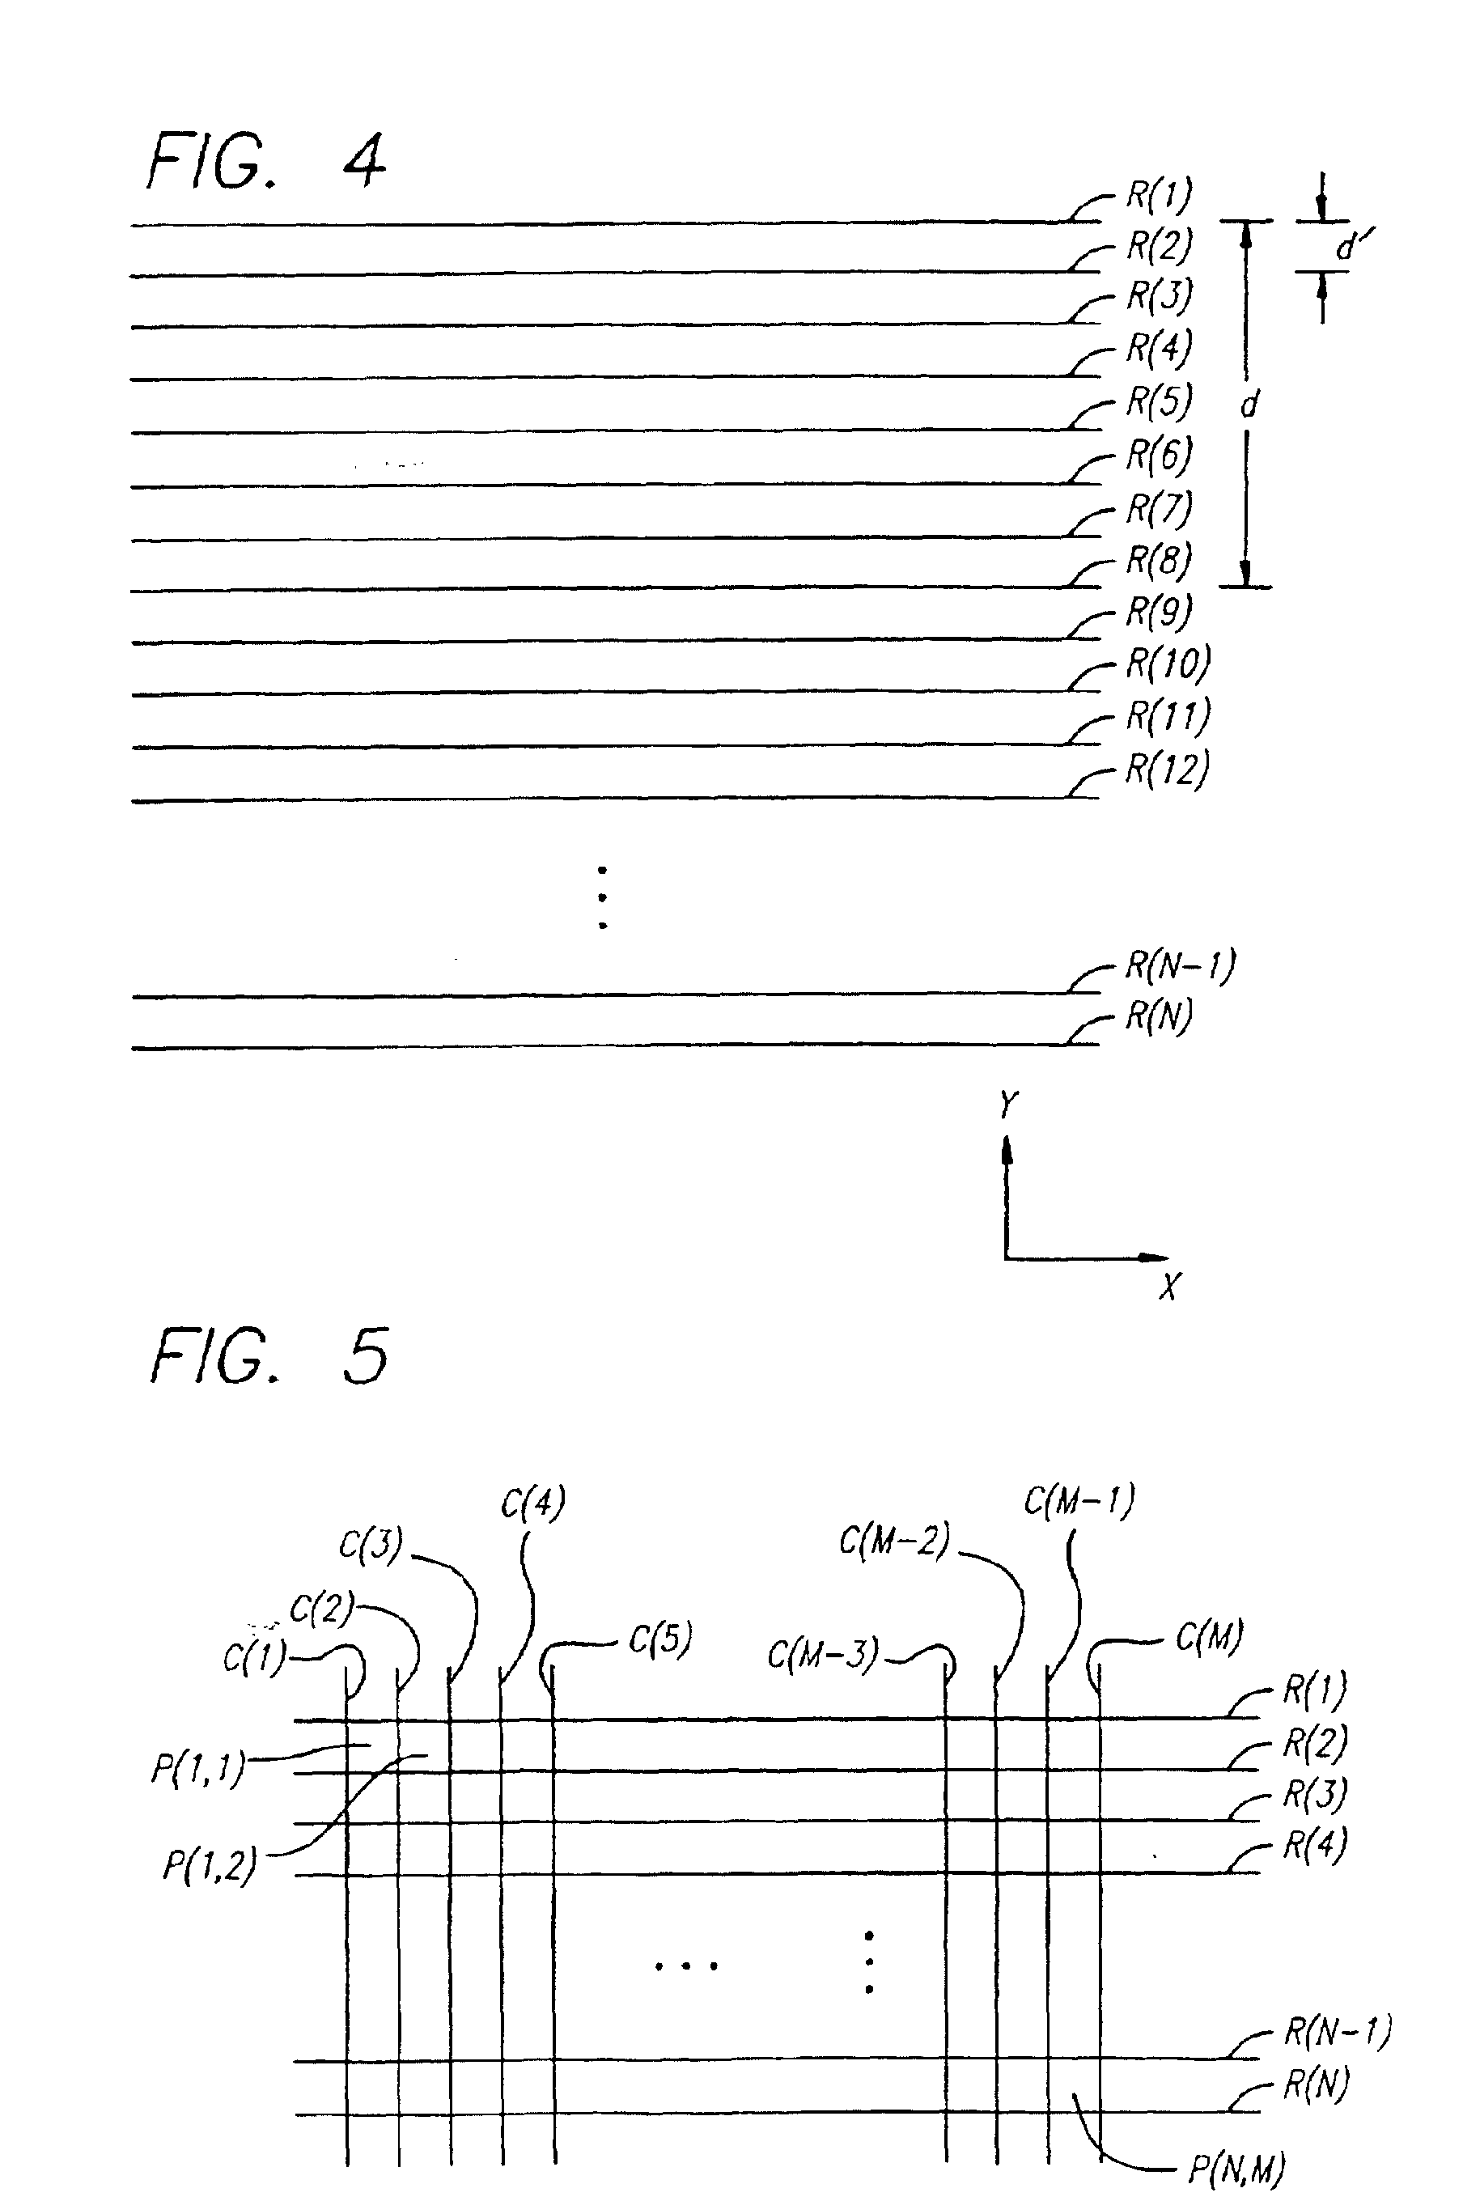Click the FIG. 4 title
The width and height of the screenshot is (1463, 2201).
267,160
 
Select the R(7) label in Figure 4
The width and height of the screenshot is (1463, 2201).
1160,508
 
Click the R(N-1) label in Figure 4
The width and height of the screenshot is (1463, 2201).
1181,965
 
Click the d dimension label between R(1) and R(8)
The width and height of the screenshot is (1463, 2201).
1249,403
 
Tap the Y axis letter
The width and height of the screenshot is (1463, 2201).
1007,1105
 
